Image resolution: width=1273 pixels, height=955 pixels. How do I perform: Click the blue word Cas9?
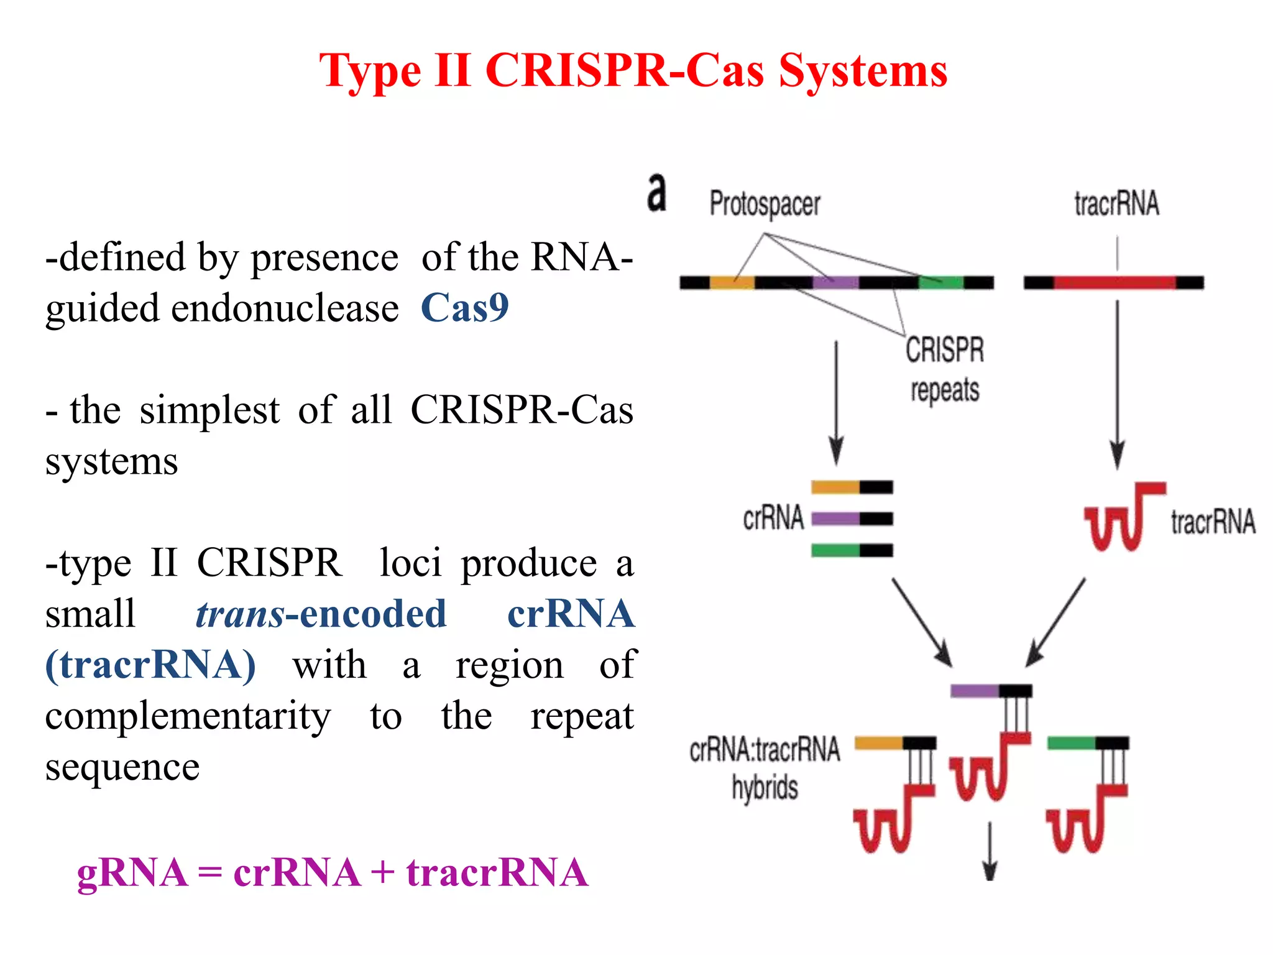464,308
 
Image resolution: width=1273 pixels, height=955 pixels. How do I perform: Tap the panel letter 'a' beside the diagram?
656,193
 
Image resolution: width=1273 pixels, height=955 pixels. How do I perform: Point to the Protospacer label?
765,205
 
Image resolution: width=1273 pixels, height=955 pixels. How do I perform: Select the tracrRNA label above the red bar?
1116,204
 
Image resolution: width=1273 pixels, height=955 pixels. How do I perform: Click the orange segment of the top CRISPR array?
732,283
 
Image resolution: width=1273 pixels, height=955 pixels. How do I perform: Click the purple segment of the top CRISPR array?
835,283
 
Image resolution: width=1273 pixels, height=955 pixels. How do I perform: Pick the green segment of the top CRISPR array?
940,283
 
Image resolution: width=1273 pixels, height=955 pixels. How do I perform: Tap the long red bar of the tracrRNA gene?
1114,283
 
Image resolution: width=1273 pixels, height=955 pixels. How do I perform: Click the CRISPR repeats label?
945,370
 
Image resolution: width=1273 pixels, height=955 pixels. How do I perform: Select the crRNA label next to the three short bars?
773,518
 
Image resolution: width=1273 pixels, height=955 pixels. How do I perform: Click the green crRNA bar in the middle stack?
835,550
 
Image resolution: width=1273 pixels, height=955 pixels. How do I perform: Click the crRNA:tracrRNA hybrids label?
765,768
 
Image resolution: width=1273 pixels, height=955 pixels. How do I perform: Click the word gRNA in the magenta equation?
132,872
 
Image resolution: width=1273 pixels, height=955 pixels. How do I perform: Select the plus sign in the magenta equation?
383,872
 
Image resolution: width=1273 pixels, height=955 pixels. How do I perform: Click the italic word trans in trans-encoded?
239,614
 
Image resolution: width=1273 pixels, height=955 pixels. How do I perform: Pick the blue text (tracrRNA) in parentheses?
150,665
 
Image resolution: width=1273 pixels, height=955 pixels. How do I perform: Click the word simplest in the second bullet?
209,410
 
